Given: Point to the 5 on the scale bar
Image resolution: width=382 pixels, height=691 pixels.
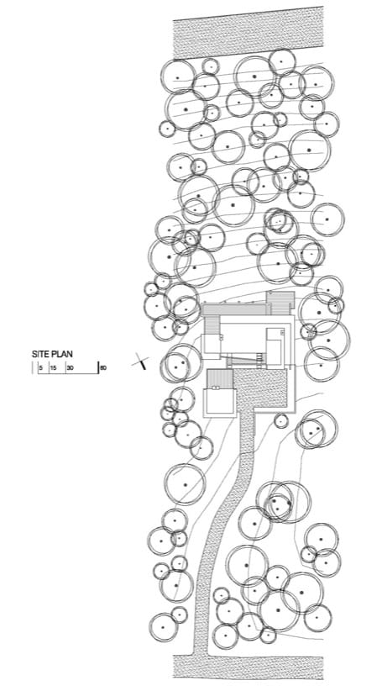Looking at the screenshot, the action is (40, 367).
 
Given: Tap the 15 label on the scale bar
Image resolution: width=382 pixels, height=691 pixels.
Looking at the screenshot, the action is (53, 367).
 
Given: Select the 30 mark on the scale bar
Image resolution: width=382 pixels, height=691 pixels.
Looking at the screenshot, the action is (70, 367).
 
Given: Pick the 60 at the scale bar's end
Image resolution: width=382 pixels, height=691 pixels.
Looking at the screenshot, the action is (103, 367).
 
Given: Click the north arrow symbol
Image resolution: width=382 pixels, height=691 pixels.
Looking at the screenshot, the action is (140, 361).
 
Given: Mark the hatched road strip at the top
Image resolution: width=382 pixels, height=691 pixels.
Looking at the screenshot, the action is (249, 33).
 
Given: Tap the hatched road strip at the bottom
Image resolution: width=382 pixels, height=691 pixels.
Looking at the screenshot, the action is (249, 667).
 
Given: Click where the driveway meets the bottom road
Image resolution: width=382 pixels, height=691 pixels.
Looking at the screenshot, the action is (201, 655).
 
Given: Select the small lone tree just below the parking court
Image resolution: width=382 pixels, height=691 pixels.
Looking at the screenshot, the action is (281, 421).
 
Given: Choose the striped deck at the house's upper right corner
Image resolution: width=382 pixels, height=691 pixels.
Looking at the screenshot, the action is (280, 303).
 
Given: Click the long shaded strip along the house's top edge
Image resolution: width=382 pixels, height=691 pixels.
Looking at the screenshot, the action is (234, 309).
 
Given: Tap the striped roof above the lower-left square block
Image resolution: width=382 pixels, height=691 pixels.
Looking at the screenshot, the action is (220, 378).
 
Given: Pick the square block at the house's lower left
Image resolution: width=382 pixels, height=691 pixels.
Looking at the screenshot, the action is (220, 402).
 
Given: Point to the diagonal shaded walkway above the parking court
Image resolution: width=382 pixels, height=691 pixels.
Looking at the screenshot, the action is (244, 361).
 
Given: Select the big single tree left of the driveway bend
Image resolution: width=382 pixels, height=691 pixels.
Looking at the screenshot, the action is (186, 484).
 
